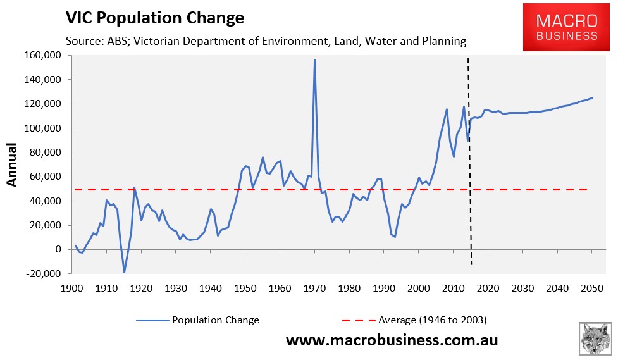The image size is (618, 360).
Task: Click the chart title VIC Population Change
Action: tap(154, 18)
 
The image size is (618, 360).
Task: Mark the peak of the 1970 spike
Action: tap(314, 60)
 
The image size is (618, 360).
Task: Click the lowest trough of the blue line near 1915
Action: tap(124, 272)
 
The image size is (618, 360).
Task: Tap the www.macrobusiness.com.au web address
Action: tap(392, 340)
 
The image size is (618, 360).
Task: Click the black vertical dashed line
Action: tap(469, 158)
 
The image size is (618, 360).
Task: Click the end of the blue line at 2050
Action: tap(592, 97)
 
